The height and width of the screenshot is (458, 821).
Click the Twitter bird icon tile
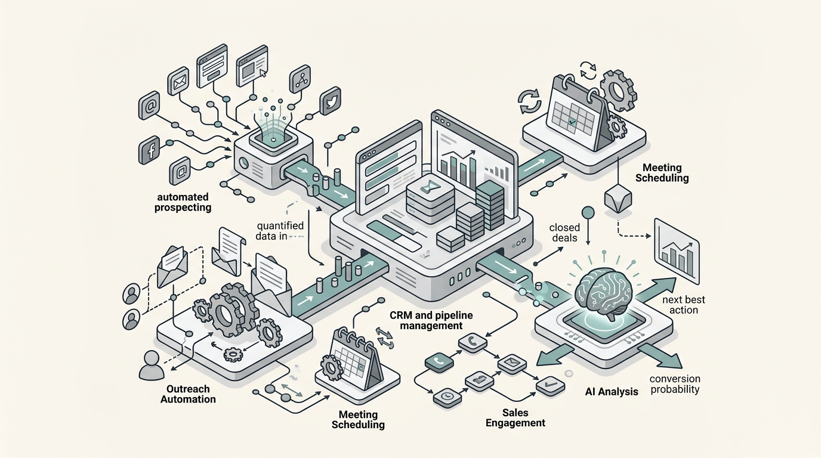330,101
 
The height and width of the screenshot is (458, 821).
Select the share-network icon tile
300,79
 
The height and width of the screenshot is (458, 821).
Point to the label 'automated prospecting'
183,202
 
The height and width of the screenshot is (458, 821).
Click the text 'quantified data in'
280,231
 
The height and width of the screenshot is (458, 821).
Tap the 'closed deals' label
563,233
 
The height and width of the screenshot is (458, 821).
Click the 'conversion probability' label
674,384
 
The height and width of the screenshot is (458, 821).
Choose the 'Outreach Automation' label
188,394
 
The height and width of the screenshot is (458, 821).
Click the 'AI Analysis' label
612,392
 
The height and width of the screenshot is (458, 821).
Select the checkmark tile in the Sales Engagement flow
550,386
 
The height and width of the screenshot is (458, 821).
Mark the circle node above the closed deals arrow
588,212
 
